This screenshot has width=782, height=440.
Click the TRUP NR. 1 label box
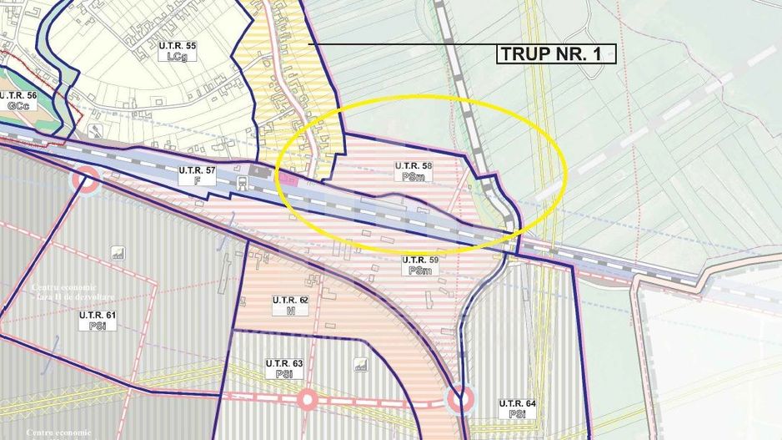[557, 54]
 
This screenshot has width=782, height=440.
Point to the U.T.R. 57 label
[197, 175]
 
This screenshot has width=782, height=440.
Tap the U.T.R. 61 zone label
[97, 321]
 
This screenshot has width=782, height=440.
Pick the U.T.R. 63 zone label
[286, 369]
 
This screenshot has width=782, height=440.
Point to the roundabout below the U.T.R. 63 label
[307, 400]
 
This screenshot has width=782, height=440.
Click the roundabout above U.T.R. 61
[84, 178]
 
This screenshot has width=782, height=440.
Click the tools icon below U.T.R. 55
[97, 130]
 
